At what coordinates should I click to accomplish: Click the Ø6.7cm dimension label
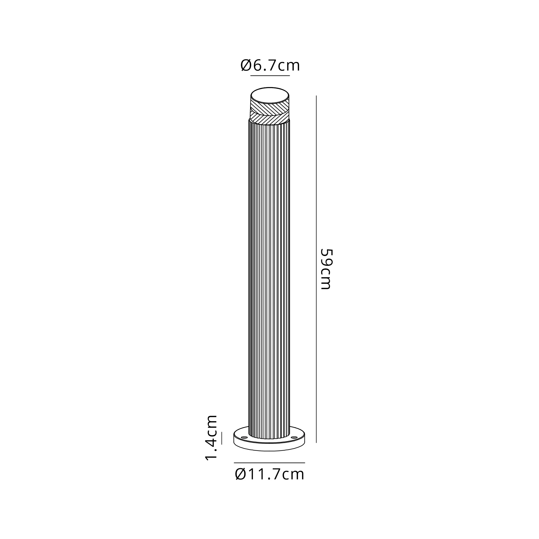[270, 66]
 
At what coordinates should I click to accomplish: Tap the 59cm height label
[326, 269]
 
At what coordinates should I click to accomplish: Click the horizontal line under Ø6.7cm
[270, 76]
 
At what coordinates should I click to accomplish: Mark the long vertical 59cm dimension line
[316, 269]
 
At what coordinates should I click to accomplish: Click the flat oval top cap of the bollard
[270, 96]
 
